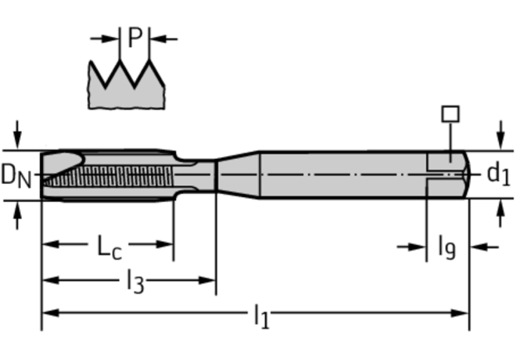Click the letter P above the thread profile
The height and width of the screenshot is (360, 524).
pyautogui.click(x=135, y=37)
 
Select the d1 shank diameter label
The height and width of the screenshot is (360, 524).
pyautogui.click(x=498, y=173)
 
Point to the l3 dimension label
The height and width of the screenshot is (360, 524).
pyautogui.click(x=135, y=281)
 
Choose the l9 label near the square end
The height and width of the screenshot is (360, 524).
pyautogui.click(x=447, y=247)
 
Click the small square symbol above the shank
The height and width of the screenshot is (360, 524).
pyautogui.click(x=450, y=114)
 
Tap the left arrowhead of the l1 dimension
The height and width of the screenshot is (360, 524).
pyautogui.click(x=47, y=313)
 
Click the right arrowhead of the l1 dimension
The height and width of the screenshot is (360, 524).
pyautogui.click(x=463, y=313)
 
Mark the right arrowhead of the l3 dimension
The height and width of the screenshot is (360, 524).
pyautogui.click(x=210, y=279)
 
